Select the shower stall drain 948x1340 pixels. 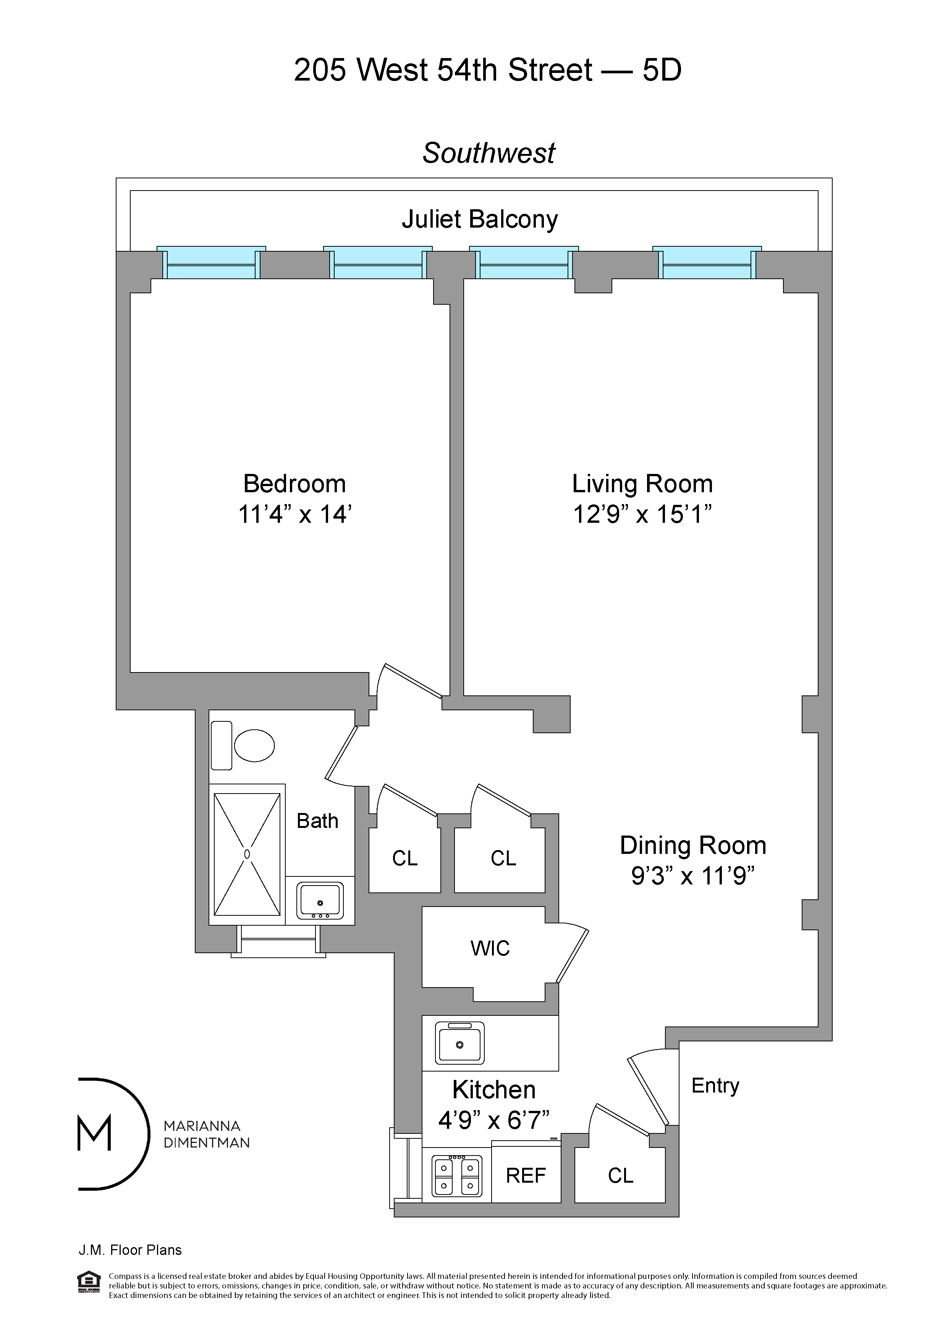pos(247,854)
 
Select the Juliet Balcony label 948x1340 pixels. pos(479,220)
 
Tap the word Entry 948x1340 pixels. pos(715,1086)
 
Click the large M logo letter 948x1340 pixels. pos(95,1133)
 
